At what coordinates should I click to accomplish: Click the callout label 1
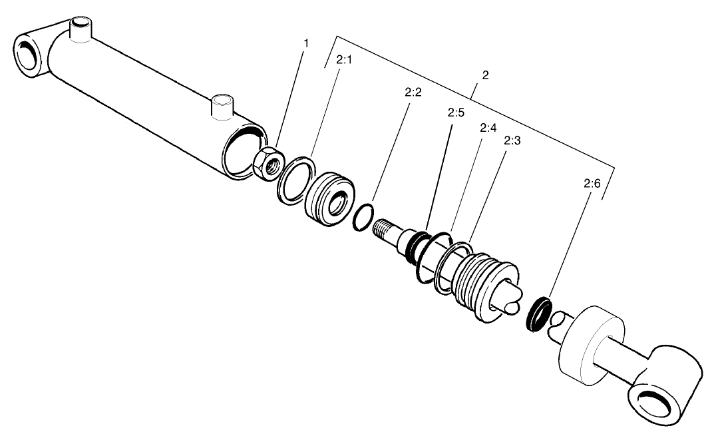pos(306,43)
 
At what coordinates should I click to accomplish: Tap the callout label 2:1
pos(344,60)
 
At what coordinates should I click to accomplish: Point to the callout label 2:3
pos(512,141)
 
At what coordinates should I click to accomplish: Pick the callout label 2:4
pos(488,128)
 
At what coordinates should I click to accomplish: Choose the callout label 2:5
pos(456,113)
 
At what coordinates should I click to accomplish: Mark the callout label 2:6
pos(592,188)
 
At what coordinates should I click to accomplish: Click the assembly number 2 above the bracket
pos(485,75)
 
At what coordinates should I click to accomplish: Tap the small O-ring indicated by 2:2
pos(363,219)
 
